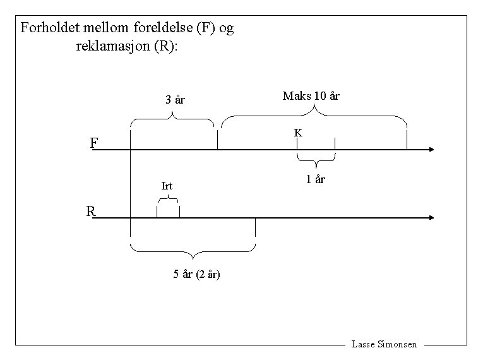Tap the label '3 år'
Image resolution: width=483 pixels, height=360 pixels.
coord(175,100)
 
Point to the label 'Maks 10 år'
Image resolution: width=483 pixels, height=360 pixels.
coord(311,96)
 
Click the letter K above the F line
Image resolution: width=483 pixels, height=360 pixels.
coord(297,133)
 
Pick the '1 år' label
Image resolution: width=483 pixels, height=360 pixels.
coord(315,179)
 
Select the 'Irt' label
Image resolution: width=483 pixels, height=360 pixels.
coord(167,186)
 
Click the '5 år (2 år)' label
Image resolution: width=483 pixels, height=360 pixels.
coord(196,274)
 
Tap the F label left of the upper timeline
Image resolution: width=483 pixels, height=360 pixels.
coord(93,143)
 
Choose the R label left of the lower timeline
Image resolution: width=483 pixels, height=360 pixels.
coord(91,212)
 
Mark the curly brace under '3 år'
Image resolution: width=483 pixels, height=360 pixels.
coord(172,117)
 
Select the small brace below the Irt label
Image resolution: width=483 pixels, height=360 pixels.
coord(168,200)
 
